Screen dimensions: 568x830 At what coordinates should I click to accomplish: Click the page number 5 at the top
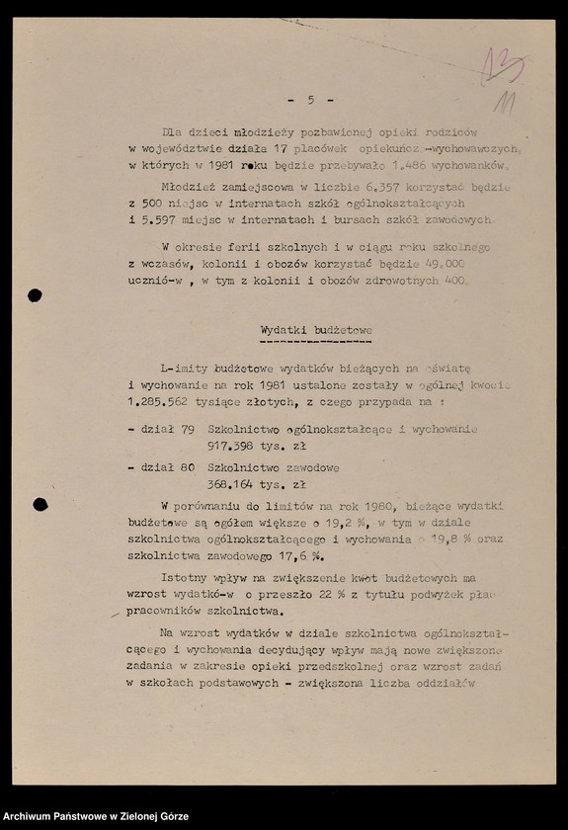pos(310,100)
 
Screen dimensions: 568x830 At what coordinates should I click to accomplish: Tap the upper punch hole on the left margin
pos(35,294)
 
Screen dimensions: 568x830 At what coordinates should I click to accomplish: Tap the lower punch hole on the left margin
pos(40,505)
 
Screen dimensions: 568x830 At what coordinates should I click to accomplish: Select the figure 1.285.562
pos(161,402)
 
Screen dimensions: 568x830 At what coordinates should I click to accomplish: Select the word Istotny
pos(186,578)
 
